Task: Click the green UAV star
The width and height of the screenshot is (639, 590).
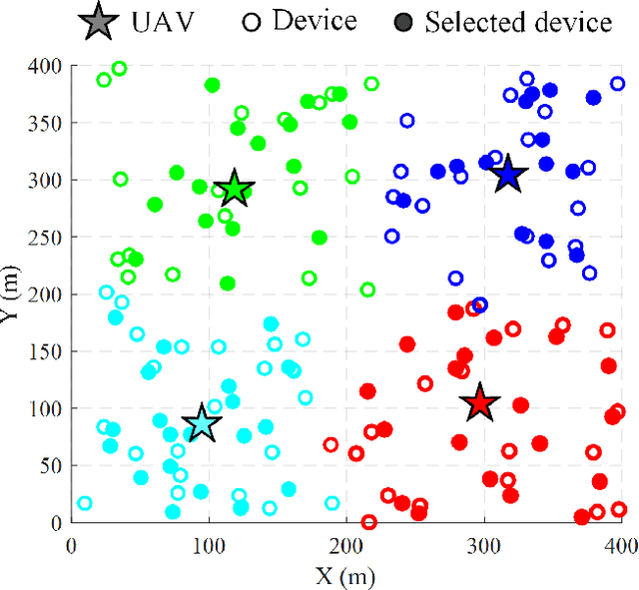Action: pos(235,188)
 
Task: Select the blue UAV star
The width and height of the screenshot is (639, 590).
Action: pos(508,174)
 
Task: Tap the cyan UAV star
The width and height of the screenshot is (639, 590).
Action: pos(202,422)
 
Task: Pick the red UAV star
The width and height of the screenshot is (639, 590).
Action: pos(480,402)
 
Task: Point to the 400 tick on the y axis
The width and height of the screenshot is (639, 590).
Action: pos(47,66)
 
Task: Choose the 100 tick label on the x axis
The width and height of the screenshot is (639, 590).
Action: pos(209,545)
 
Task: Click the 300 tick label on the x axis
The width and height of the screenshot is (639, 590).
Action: pos(484,545)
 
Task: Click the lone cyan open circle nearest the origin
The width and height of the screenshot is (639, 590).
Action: pos(85,504)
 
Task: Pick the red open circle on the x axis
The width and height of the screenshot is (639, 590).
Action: pos(368,522)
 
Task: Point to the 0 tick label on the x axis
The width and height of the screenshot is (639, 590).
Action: pos(71,545)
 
